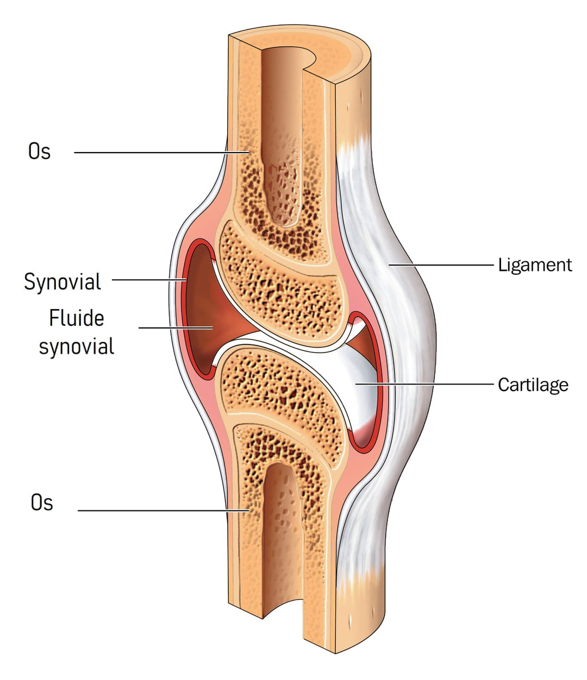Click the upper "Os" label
click(x=39, y=151)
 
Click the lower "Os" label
click(x=42, y=502)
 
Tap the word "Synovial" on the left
click(x=63, y=282)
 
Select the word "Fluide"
click(x=76, y=318)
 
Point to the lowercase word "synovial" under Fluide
click(x=76, y=346)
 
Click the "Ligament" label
click(x=535, y=265)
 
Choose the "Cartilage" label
click(x=533, y=385)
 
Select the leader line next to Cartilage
click(x=424, y=384)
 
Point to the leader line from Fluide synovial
click(x=174, y=328)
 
